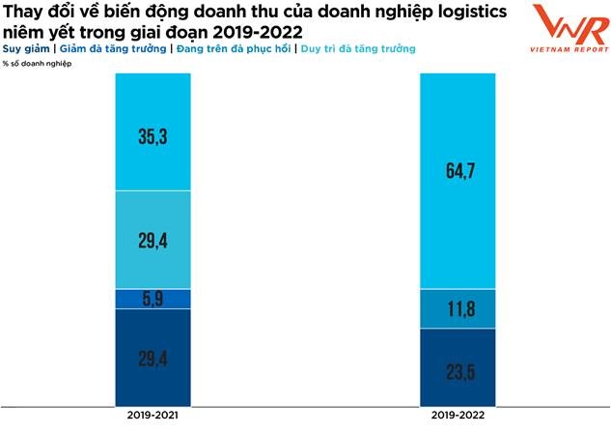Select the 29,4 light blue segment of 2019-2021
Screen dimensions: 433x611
coord(152,239)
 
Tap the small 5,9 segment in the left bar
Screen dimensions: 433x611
coord(152,299)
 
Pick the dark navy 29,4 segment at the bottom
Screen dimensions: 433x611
coord(152,359)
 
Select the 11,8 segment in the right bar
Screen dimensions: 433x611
coord(457,308)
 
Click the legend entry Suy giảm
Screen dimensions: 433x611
coord(28,47)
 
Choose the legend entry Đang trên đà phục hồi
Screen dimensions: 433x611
coord(230,47)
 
